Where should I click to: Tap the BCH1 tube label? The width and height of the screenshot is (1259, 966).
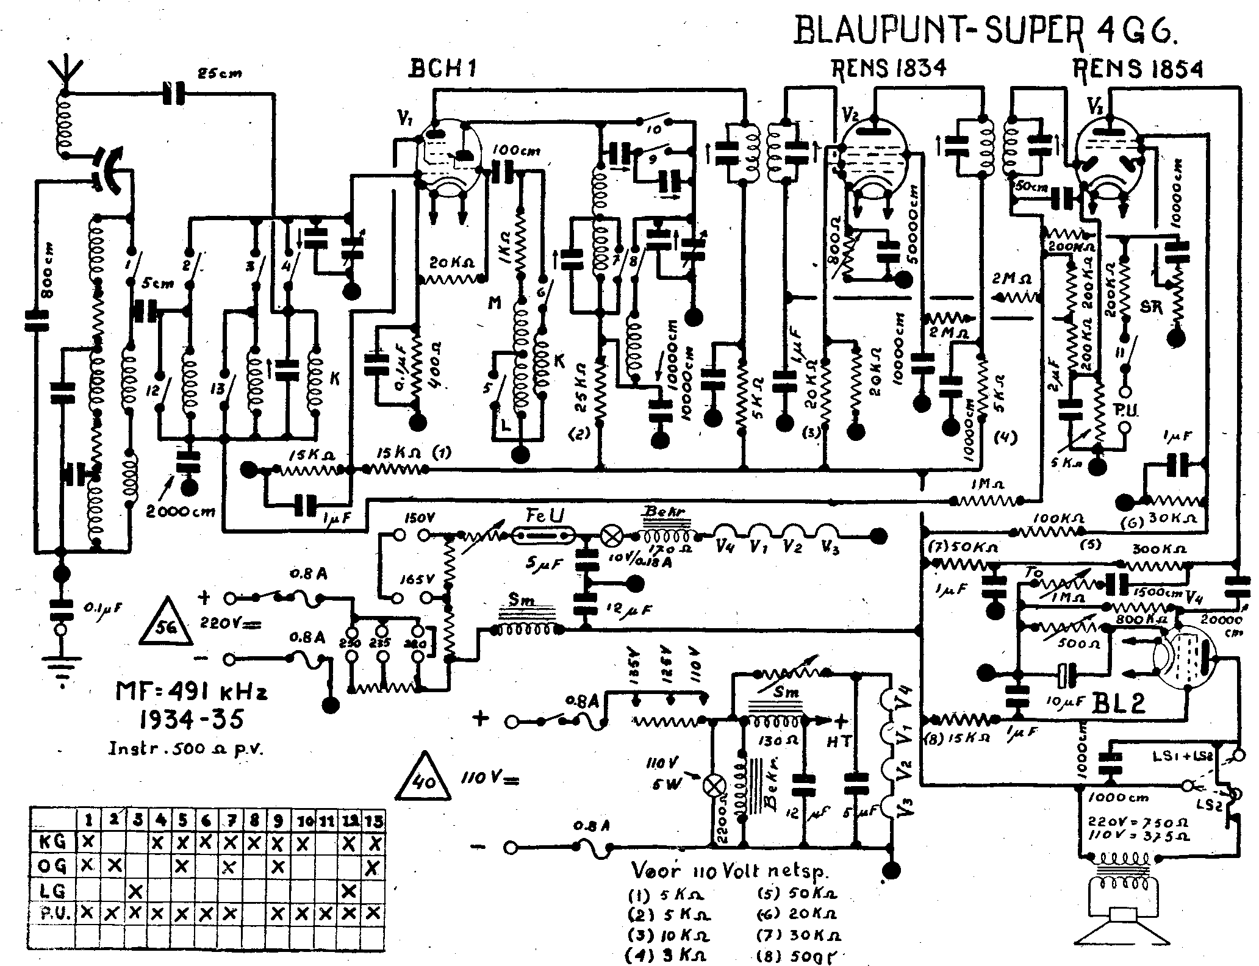[x=442, y=69]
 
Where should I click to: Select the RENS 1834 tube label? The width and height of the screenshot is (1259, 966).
[x=889, y=68]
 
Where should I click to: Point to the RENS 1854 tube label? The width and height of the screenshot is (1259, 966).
[x=1138, y=69]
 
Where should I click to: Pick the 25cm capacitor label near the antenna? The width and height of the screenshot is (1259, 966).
[x=219, y=74]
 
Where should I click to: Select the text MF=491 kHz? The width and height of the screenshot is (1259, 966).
[x=192, y=693]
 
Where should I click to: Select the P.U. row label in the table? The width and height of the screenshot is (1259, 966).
[x=52, y=913]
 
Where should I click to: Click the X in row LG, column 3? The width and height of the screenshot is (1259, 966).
[x=135, y=892]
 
